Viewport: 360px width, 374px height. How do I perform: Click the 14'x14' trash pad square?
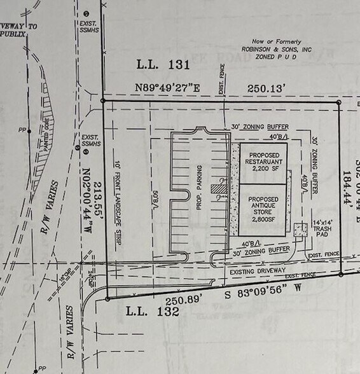(x=301, y=230)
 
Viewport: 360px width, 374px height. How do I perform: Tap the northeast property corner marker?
(x=338, y=102)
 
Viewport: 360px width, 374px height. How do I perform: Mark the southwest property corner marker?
(x=107, y=298)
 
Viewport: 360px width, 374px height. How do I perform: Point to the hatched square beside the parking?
(x=219, y=188)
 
